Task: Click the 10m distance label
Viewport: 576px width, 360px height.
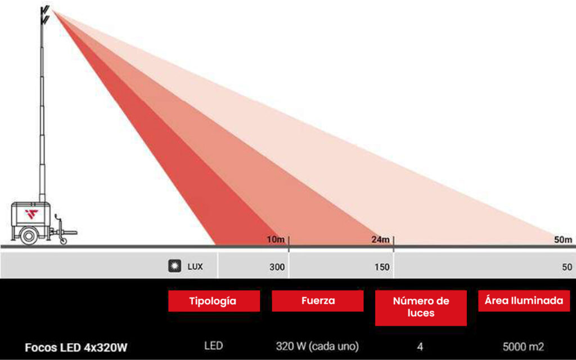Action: click(x=276, y=240)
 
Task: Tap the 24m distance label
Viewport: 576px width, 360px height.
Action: click(x=380, y=240)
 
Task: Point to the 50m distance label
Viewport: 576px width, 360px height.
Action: click(x=562, y=240)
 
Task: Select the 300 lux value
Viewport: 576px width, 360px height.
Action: click(x=277, y=267)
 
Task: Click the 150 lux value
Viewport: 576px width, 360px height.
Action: click(x=382, y=267)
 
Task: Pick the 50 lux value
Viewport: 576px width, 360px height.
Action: click(x=567, y=267)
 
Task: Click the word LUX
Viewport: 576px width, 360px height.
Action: click(x=195, y=267)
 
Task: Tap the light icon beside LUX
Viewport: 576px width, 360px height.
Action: click(x=175, y=265)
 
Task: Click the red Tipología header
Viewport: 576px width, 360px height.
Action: click(x=214, y=301)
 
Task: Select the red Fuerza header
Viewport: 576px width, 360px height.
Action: click(x=318, y=301)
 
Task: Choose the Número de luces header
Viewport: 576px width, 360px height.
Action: click(x=421, y=308)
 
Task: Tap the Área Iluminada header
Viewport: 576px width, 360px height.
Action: click(x=524, y=301)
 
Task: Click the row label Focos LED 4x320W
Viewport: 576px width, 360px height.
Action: click(x=76, y=348)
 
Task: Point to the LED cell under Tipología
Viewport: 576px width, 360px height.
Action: click(x=213, y=346)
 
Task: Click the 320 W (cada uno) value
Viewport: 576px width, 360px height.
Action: click(x=317, y=346)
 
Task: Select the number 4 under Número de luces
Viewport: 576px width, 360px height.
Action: click(x=420, y=346)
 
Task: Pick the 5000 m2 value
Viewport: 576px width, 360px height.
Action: click(x=524, y=346)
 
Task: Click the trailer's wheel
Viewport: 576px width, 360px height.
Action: click(x=29, y=236)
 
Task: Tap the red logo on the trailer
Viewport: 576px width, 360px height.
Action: click(x=31, y=214)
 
